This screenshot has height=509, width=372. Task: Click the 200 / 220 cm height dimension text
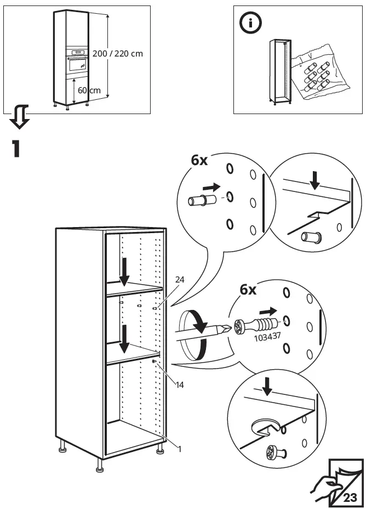[x=118, y=54]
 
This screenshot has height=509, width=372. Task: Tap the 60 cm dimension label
[x=89, y=90]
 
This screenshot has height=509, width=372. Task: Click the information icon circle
[x=251, y=22]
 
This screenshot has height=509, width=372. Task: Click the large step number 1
[x=16, y=149]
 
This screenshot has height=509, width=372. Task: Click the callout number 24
[x=180, y=280]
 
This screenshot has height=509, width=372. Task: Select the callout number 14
[x=180, y=384]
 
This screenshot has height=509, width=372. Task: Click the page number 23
[x=350, y=497]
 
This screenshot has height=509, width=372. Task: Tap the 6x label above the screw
[x=249, y=289]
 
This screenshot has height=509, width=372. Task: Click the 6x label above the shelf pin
[x=199, y=160]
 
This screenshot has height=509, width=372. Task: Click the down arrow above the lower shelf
[x=124, y=338]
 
